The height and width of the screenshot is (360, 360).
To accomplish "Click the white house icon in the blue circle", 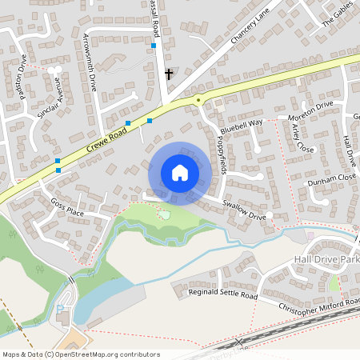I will (179, 173).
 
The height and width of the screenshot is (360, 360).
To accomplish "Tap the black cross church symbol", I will (168, 74).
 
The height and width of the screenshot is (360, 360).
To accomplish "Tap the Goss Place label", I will (67, 207).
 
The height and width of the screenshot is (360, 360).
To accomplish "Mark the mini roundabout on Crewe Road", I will (198, 99).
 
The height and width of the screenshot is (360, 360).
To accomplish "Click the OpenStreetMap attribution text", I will (81, 354).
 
